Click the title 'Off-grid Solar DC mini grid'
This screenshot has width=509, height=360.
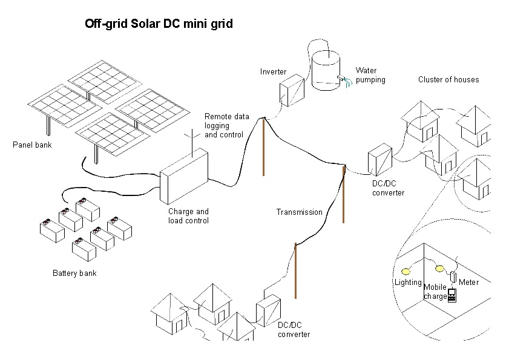coord(159,24)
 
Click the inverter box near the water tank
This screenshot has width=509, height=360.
coord(291,91)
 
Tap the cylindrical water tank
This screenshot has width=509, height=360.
coord(326,71)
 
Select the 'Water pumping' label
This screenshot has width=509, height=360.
coord(370,75)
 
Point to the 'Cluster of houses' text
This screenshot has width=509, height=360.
coord(448,79)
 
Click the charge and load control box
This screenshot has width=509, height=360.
coord(185,177)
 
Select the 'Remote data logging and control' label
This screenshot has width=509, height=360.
coord(226,125)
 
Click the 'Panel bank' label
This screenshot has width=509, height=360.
coord(32,145)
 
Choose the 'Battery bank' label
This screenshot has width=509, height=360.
coord(74,273)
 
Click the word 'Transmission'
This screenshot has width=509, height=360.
coord(299,212)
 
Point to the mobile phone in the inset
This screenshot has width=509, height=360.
coord(452,295)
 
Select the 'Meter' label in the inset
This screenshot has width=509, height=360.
coord(468,282)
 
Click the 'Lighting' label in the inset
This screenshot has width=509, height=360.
coord(407,283)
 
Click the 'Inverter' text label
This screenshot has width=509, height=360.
coord(273,71)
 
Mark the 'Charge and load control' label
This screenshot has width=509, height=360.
coord(188,216)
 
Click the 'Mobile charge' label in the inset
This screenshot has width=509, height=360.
coord(435,292)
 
